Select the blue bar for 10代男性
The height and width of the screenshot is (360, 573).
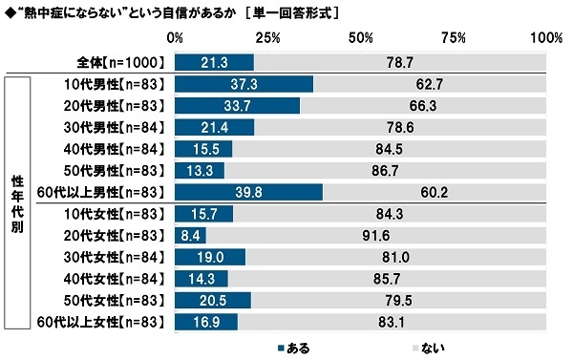pyautogui.click(x=244, y=83)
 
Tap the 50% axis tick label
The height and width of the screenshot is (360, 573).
pyautogui.click(x=361, y=38)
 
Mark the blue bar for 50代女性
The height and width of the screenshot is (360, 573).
pyautogui.click(x=214, y=301)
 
